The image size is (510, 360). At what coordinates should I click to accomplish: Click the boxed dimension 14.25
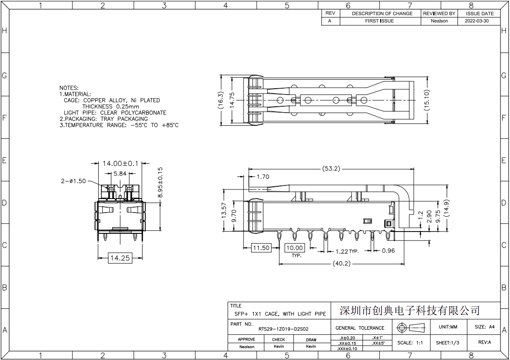click(x=120, y=258)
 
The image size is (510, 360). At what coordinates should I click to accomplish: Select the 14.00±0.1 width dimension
click(x=120, y=163)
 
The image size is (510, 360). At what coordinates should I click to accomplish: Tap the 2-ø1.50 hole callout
click(x=73, y=181)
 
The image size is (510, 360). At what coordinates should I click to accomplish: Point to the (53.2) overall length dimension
click(x=331, y=168)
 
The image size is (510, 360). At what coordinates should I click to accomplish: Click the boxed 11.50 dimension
click(x=261, y=248)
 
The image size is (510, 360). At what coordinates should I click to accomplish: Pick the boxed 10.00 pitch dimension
click(x=295, y=248)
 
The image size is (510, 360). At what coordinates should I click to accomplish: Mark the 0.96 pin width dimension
click(x=388, y=251)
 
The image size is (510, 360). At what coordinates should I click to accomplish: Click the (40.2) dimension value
click(x=342, y=263)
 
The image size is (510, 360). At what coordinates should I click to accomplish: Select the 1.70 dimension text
click(x=263, y=176)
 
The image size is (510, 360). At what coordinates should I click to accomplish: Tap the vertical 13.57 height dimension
click(x=224, y=210)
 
